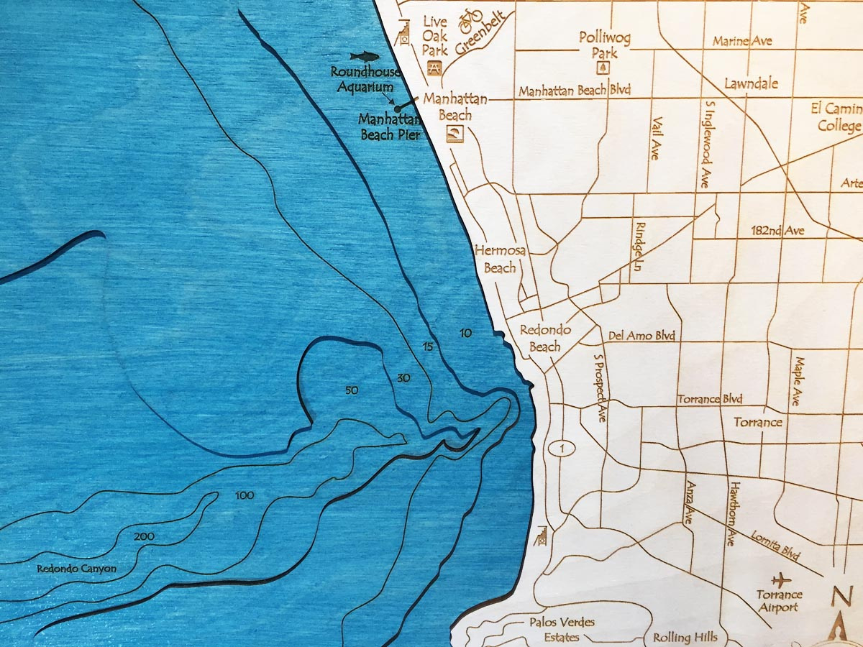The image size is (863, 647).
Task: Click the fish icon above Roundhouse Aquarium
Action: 363,56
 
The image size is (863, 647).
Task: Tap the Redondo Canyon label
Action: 76,569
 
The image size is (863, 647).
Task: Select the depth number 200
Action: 145,536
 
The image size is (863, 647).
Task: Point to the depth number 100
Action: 245,495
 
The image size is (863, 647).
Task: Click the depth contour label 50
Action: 351,390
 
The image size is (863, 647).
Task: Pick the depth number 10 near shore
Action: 466,333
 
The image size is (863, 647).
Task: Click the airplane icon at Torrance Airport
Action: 780,579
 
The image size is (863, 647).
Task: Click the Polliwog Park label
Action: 604,45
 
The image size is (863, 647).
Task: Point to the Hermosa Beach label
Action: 496,259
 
